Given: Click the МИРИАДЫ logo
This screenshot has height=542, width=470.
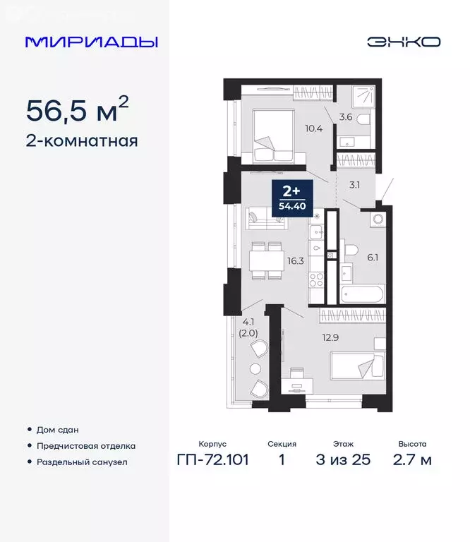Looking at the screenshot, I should (x=91, y=42).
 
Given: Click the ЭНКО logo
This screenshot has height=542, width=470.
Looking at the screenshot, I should (x=403, y=42).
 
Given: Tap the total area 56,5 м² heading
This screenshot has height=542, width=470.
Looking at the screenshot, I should (x=78, y=110).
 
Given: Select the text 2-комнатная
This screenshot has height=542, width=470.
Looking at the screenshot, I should (x=82, y=140).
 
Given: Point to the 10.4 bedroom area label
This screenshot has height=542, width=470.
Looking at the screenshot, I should (x=314, y=128).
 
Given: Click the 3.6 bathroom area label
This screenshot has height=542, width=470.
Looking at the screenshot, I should (x=347, y=117).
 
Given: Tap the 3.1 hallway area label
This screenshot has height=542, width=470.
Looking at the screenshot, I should (x=354, y=186).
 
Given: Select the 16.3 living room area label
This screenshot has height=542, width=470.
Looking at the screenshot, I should (x=296, y=260).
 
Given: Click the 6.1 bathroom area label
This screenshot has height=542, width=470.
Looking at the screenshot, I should (x=373, y=258).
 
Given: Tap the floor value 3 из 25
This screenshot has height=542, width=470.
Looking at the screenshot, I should (x=343, y=460).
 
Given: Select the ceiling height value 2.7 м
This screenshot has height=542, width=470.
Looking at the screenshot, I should (x=411, y=460).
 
